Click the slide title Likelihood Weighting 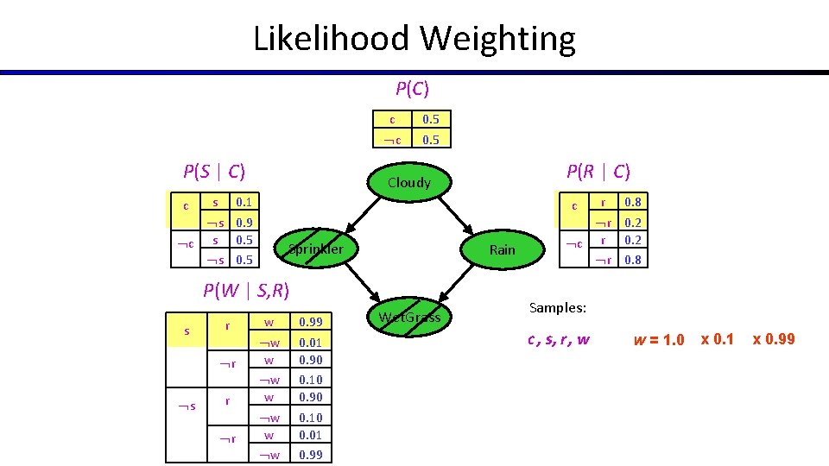click(x=414, y=39)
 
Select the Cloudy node click(x=409, y=182)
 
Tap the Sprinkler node click(x=316, y=249)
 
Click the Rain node click(x=502, y=249)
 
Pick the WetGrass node click(x=409, y=317)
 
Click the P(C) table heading click(x=412, y=88)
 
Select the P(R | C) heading click(x=598, y=172)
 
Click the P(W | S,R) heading click(x=246, y=290)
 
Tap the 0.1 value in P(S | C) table click(x=244, y=202)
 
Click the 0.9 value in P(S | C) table click(x=244, y=222)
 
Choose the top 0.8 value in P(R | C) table click(x=633, y=202)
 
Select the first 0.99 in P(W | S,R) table click(x=310, y=323)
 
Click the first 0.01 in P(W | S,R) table click(x=310, y=343)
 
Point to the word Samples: click(x=558, y=307)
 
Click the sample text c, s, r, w click(x=559, y=339)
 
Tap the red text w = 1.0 click(x=658, y=339)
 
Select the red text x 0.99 click(x=773, y=339)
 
